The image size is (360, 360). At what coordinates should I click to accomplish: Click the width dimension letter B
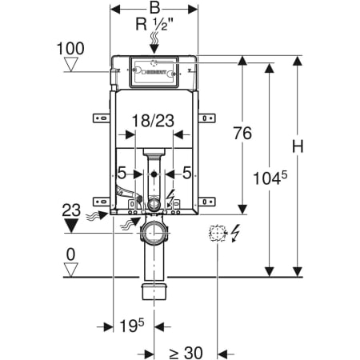(x=154, y=8)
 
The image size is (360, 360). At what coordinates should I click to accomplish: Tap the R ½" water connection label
(x=154, y=24)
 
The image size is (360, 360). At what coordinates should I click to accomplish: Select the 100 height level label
(x=70, y=49)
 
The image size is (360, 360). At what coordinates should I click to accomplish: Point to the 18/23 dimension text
(x=153, y=121)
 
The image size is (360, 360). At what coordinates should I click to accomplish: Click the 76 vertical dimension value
(x=242, y=133)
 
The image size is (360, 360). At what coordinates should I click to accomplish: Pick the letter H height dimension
(x=298, y=146)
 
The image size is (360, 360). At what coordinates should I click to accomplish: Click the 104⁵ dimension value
(x=270, y=178)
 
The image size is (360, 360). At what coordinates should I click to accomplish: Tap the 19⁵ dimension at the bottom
(x=132, y=326)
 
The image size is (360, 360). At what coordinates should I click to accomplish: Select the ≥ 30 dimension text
(x=186, y=353)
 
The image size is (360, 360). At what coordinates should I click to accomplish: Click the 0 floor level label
(x=70, y=254)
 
